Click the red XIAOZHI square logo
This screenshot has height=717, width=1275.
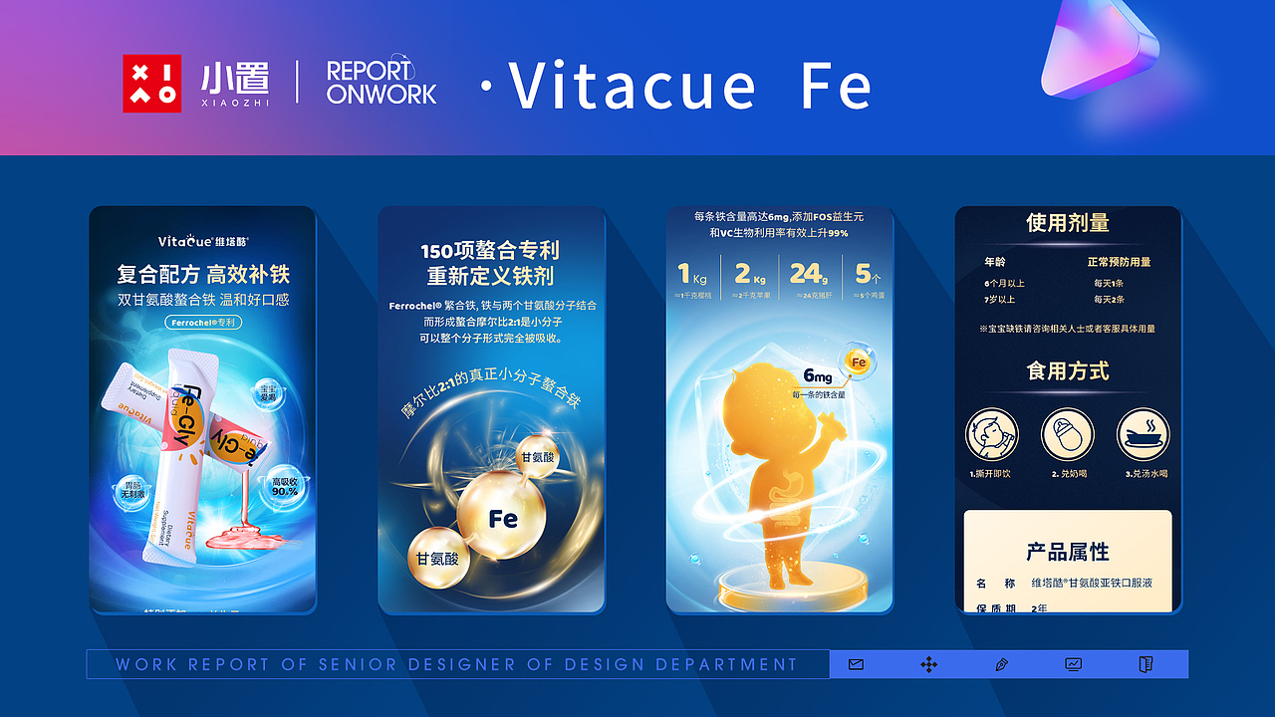click(151, 83)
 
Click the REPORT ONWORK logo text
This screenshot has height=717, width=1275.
click(381, 83)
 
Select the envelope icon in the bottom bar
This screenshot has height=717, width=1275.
click(856, 664)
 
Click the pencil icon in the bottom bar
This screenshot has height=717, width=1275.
click(1001, 664)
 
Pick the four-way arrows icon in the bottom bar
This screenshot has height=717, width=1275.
click(928, 664)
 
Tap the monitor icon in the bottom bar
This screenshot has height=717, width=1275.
click(1074, 664)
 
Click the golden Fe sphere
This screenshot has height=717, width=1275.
click(501, 518)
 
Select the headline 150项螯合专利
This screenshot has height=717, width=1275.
click(491, 250)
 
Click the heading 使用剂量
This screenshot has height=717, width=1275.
click(1068, 223)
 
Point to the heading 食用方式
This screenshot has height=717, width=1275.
click(1068, 371)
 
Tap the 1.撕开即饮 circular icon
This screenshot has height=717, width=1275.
click(991, 435)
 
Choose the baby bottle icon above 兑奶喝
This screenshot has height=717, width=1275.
click(1068, 435)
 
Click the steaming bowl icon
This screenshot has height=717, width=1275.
click(1144, 435)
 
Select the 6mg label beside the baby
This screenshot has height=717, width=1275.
click(818, 376)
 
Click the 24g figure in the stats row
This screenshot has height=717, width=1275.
click(807, 273)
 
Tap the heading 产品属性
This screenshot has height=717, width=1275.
click(1068, 552)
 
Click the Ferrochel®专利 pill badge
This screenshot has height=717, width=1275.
click(202, 323)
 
